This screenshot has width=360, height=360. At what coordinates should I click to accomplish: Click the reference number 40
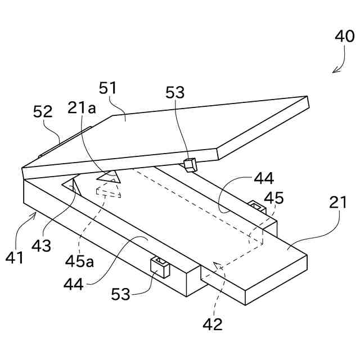(x=344, y=37)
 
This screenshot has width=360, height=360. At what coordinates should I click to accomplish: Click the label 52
(x=43, y=111)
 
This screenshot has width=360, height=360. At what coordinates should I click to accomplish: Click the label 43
(x=42, y=245)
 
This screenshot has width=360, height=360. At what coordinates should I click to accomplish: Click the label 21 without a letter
(x=337, y=202)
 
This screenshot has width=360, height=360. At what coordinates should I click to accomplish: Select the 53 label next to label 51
(x=174, y=93)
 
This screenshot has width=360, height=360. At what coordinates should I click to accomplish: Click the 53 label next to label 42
(x=121, y=294)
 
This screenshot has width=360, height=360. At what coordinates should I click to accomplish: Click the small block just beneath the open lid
(x=191, y=164)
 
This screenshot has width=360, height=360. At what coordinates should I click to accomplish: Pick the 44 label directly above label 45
(x=263, y=179)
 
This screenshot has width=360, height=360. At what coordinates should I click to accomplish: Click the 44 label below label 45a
(x=74, y=284)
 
